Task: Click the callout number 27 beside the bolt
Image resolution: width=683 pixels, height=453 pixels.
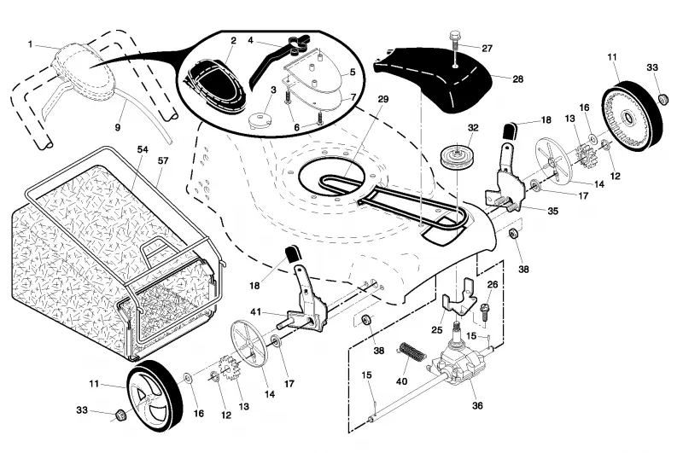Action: click(x=487, y=48)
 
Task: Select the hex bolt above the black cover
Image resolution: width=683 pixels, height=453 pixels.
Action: click(x=455, y=47)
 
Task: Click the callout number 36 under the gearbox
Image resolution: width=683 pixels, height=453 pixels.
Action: click(x=477, y=405)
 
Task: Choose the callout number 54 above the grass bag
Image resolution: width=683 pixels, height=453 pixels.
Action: click(x=143, y=149)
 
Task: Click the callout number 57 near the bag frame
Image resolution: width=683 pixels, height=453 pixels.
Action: click(x=163, y=160)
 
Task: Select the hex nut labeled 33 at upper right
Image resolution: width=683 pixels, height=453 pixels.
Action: click(x=663, y=98)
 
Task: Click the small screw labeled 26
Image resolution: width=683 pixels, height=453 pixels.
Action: click(x=482, y=312)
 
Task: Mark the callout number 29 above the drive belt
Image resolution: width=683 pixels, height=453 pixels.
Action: click(x=382, y=99)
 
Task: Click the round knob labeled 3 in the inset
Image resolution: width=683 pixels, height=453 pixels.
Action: click(x=260, y=119)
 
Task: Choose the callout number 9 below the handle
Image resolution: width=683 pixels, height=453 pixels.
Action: click(x=118, y=128)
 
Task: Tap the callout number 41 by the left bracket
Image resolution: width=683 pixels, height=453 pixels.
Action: click(x=255, y=312)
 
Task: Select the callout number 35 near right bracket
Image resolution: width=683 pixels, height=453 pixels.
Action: click(x=552, y=211)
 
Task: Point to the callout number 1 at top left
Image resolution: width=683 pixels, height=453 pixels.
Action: click(x=30, y=44)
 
